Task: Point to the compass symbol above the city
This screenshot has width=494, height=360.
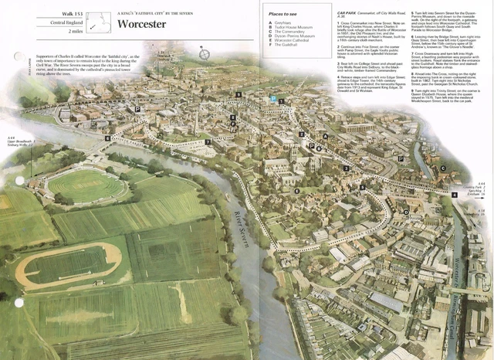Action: point(205,54)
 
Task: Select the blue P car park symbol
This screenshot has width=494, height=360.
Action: point(272,99)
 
